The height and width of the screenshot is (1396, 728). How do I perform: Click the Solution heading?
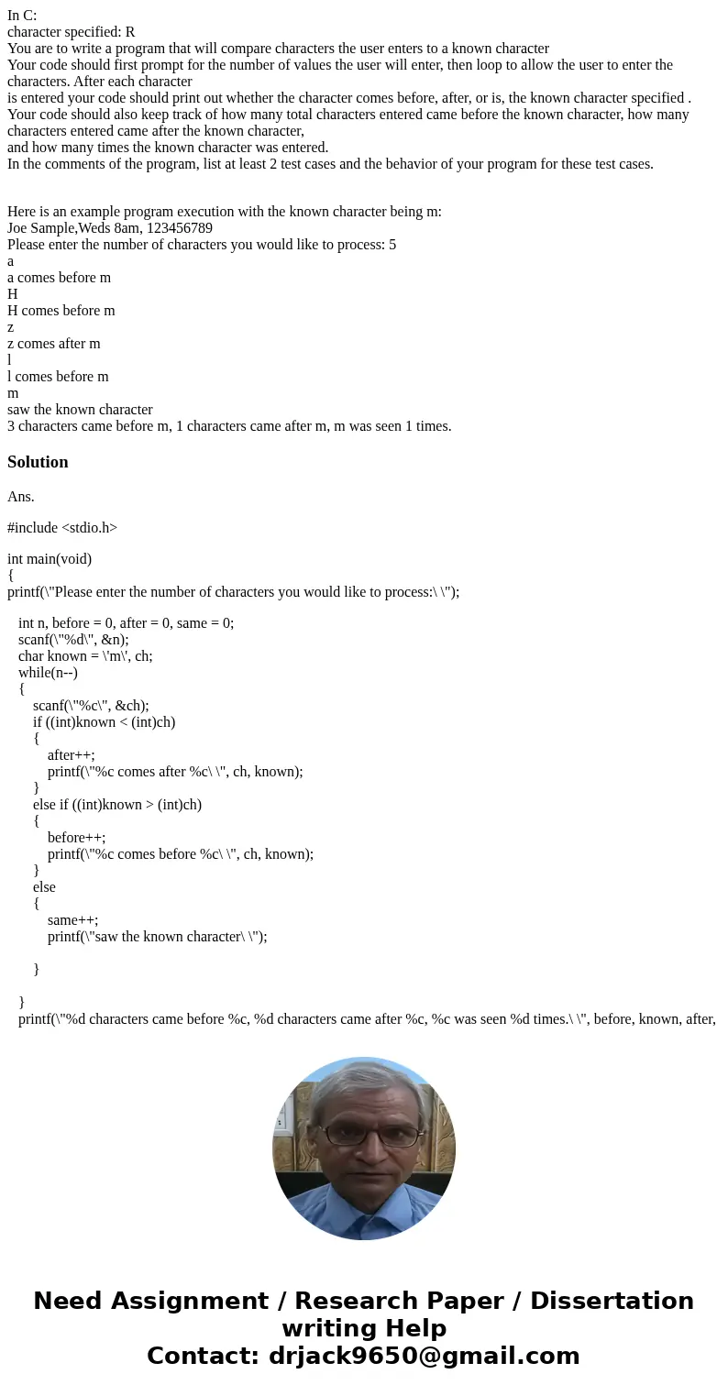(x=38, y=462)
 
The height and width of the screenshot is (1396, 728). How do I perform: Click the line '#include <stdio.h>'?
(x=62, y=527)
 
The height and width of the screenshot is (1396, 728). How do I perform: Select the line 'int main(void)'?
(x=50, y=558)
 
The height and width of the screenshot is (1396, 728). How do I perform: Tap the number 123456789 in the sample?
(x=180, y=227)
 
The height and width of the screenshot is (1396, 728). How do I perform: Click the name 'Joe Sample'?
(x=41, y=227)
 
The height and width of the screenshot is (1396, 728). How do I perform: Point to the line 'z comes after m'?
(x=54, y=344)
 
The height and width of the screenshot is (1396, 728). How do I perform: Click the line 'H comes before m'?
(x=61, y=311)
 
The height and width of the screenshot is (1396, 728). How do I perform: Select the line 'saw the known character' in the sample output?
(x=80, y=410)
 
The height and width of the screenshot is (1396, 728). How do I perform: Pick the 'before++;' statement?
(x=77, y=838)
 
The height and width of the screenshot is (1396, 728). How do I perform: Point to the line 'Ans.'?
(x=21, y=496)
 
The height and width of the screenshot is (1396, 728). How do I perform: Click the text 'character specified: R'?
(x=72, y=31)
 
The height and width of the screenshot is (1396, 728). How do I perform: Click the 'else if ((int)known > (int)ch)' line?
(x=117, y=805)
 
